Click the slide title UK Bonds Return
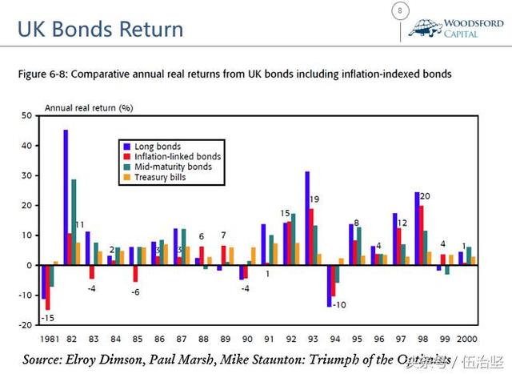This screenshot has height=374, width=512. (x=101, y=30)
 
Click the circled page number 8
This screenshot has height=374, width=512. (x=400, y=11)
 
